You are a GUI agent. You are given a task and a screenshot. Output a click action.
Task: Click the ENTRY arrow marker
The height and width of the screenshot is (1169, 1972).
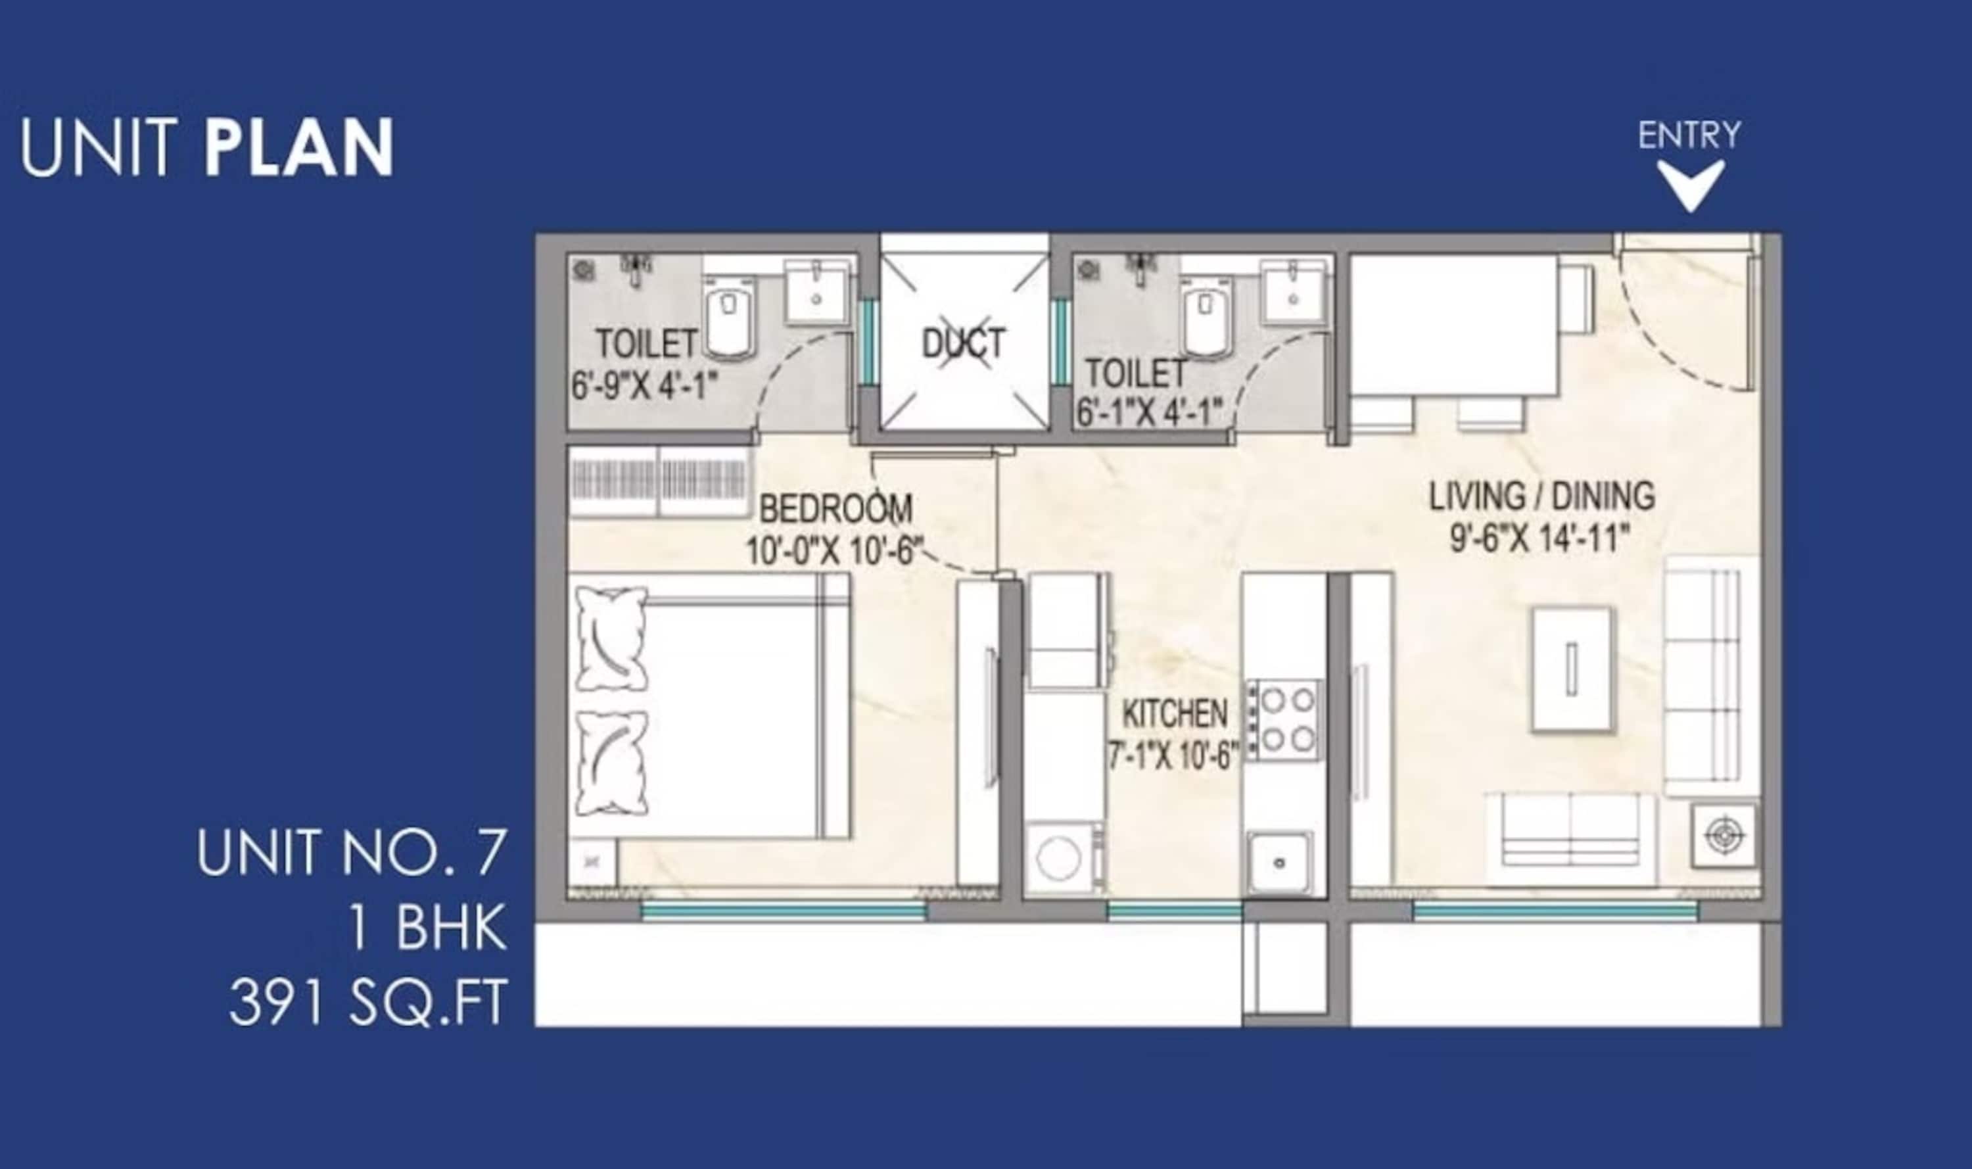pyautogui.click(x=1690, y=185)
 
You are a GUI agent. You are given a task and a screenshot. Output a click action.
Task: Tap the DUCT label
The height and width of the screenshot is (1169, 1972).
pyautogui.click(x=963, y=343)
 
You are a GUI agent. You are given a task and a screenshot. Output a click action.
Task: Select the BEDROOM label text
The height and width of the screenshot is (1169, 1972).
pyautogui.click(x=835, y=509)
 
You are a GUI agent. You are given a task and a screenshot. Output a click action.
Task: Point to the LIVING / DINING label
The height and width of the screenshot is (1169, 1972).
pyautogui.click(x=1542, y=496)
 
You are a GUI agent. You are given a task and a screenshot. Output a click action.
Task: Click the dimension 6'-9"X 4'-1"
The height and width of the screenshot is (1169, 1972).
pyautogui.click(x=644, y=387)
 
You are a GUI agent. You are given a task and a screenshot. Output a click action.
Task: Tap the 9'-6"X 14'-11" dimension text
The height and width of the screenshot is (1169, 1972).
pyautogui.click(x=1539, y=540)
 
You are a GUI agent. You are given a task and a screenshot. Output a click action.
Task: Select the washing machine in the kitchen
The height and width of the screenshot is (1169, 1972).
pyautogui.click(x=1063, y=859)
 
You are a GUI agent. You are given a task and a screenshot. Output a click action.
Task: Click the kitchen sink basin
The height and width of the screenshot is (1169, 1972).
pyautogui.click(x=1280, y=863)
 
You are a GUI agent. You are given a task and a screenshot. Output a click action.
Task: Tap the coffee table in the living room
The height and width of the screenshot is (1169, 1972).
pyautogui.click(x=1571, y=669)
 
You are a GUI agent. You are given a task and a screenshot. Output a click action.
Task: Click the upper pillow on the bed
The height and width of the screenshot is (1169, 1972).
pyautogui.click(x=612, y=639)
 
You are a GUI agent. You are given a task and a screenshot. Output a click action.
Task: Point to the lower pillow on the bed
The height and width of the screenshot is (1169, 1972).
pyautogui.click(x=612, y=763)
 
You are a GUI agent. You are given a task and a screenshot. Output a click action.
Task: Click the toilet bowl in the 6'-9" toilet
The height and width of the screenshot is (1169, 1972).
pyautogui.click(x=729, y=318)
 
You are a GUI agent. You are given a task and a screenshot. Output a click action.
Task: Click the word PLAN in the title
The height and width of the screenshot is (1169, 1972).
pyautogui.click(x=299, y=147)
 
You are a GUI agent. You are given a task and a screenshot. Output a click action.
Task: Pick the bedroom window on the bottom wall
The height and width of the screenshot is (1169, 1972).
pyautogui.click(x=783, y=911)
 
